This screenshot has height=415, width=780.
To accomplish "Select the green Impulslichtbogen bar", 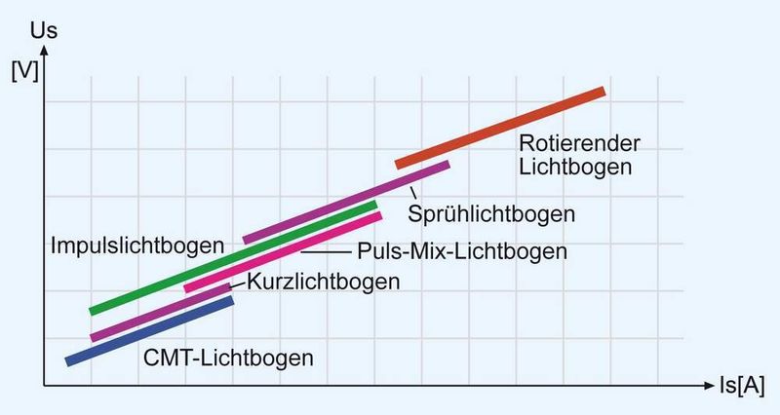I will coord(234,258).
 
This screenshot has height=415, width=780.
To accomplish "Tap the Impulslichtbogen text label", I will coord(136,244).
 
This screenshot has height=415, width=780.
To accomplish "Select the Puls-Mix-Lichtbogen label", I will coord(462,251).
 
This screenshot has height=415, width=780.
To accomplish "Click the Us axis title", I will coord(46,29).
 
